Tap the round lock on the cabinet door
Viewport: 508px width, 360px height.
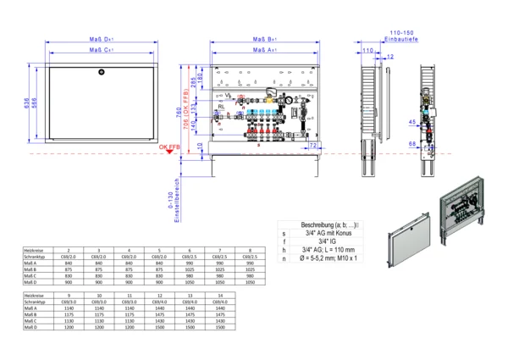101,69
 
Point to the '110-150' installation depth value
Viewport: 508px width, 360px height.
400,31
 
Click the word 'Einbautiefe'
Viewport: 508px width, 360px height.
400,38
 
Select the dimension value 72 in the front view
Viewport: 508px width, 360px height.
313,145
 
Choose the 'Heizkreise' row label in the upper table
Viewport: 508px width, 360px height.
33,251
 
